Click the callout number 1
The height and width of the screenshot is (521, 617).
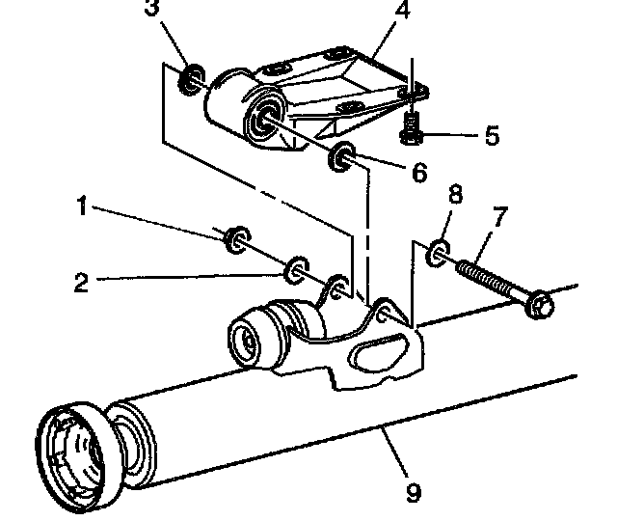click(81, 206)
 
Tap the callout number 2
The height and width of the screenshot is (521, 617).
click(81, 282)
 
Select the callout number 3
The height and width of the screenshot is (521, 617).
click(152, 8)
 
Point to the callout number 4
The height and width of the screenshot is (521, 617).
click(403, 10)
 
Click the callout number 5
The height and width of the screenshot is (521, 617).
click(492, 135)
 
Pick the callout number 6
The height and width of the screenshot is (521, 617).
click(419, 172)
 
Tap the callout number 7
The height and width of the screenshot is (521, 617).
click(499, 217)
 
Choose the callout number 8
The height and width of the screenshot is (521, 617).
click(455, 194)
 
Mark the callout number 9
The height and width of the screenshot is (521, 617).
click(414, 493)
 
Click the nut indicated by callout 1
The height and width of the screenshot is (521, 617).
click(237, 239)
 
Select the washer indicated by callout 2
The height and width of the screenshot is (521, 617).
click(296, 270)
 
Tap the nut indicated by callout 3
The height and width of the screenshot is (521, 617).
click(191, 79)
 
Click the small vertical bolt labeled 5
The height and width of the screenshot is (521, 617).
click(412, 128)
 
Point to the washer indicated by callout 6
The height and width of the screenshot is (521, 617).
click(341, 156)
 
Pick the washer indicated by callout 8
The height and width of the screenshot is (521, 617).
click(438, 252)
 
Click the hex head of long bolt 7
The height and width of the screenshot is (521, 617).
click(541, 305)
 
